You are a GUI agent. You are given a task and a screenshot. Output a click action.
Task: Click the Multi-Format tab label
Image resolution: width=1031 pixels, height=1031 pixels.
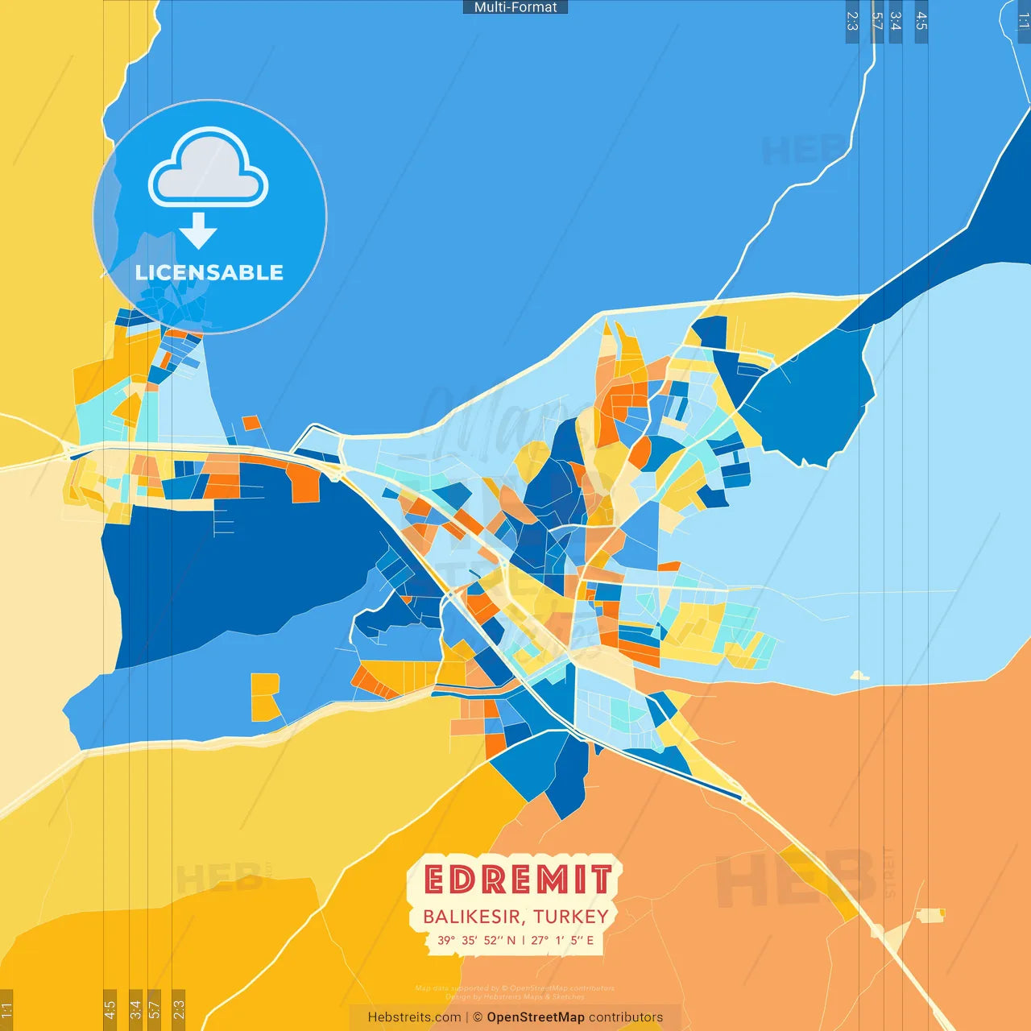coord(515,7)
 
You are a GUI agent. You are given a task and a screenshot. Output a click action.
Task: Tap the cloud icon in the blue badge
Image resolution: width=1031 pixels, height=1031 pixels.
coord(209,167)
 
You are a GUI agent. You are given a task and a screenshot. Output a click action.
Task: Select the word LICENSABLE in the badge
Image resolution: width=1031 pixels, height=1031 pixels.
coord(209,273)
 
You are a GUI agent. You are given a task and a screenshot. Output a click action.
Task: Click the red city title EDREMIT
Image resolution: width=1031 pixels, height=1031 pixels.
coord(517,880)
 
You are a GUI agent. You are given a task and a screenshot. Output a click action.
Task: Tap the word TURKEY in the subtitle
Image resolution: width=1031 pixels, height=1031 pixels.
coord(571,917)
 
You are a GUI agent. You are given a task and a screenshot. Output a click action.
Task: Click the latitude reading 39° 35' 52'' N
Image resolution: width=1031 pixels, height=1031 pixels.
coord(476,940)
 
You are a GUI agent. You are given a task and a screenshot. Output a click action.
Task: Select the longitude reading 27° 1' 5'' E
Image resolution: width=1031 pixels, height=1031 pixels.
coord(562,940)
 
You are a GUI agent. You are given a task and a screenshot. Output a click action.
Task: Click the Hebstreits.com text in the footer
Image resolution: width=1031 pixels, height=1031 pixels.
coord(414,1017)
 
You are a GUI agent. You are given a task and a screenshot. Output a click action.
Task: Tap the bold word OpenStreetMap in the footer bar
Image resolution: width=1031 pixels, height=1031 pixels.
coord(536,1017)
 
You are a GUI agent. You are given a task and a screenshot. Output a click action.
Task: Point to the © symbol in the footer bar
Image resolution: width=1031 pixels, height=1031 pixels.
coord(478,1017)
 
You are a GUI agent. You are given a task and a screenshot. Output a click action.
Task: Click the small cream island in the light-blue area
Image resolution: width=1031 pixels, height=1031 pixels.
coord(859,676)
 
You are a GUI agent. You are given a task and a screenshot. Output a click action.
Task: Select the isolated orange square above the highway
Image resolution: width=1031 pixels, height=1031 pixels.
coord(251,423)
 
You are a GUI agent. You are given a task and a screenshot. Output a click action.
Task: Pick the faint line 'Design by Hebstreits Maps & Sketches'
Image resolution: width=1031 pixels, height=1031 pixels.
coord(515,997)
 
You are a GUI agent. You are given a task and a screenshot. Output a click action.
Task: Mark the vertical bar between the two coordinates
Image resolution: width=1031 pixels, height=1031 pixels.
coord(523,940)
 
